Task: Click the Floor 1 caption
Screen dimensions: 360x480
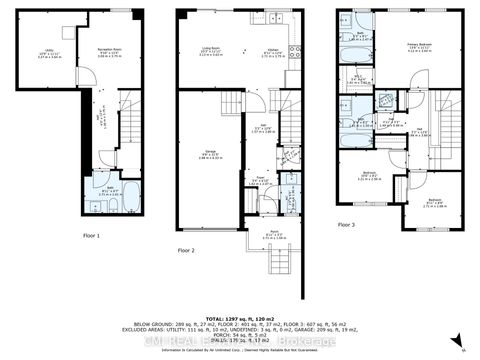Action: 92,235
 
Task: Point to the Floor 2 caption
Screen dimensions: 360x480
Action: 186,249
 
